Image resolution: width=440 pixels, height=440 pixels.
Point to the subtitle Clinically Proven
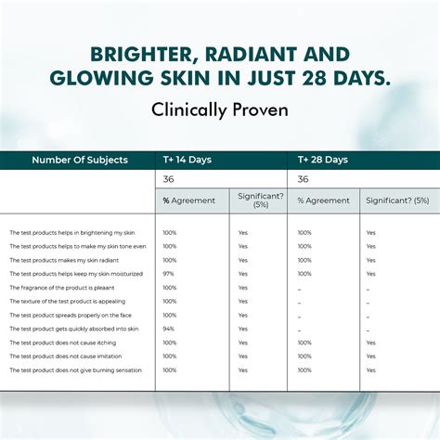219,109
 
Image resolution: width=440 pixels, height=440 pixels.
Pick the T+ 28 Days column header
322,160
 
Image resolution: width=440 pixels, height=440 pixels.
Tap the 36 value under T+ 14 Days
168,179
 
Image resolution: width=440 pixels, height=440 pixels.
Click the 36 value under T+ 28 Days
304,179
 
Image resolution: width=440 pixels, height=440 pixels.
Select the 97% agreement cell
169,274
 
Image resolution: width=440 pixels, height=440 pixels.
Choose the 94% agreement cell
169,329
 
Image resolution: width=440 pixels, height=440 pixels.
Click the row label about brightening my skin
72,233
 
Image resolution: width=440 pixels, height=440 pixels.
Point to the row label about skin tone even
78,247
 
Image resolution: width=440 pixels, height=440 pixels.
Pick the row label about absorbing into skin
74,329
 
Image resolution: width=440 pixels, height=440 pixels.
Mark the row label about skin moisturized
76,274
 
